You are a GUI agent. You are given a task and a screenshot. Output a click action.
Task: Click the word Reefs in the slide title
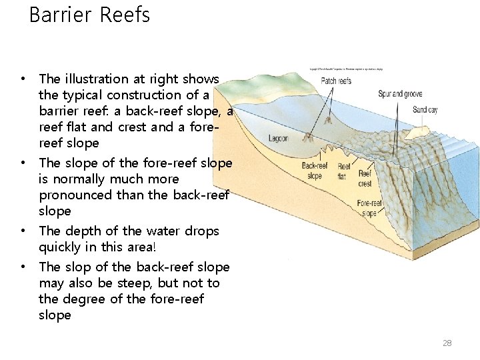[128, 15]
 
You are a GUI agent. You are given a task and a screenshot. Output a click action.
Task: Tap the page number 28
[447, 343]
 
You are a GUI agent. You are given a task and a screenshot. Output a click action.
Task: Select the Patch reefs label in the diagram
[336, 81]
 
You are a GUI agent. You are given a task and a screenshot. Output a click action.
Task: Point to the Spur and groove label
[400, 94]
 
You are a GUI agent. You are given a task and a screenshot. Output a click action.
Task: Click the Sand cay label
[425, 110]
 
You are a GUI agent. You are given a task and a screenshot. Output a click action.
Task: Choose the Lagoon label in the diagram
[279, 139]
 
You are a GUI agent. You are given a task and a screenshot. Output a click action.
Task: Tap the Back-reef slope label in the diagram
[315, 171]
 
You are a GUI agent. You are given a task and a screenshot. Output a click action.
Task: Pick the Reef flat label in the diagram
[344, 171]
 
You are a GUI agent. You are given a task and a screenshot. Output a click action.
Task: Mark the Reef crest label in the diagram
[365, 179]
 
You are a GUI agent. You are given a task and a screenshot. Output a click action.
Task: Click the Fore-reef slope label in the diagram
[369, 208]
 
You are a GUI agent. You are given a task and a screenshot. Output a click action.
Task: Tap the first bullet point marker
[23, 79]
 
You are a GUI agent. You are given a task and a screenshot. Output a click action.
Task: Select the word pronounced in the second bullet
[75, 195]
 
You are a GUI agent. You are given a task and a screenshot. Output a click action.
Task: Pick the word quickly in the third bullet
[63, 247]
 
